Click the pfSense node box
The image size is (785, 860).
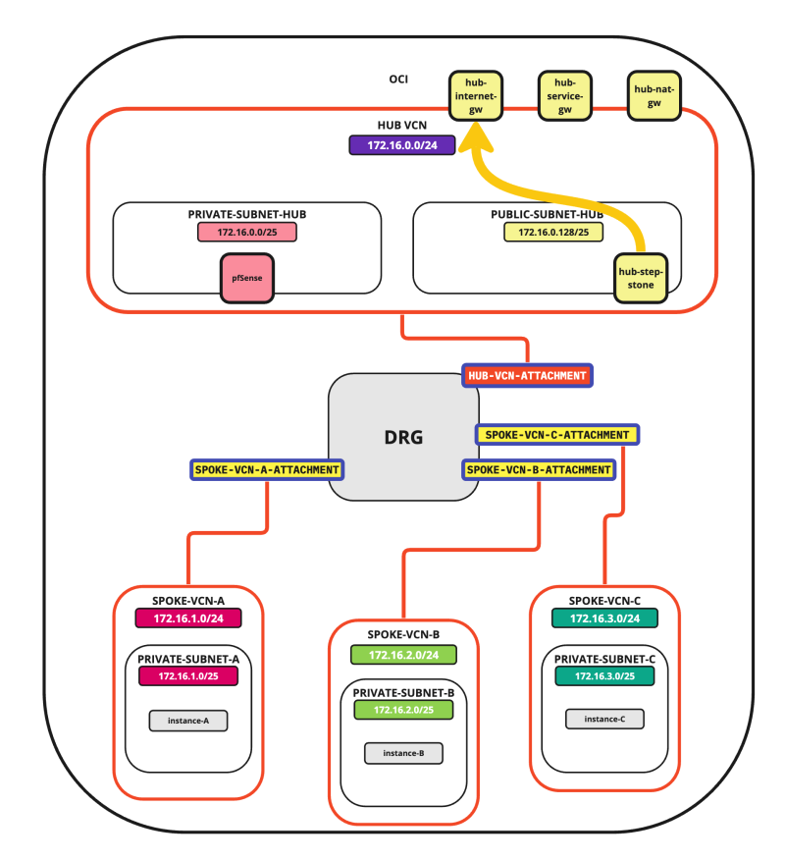(246, 277)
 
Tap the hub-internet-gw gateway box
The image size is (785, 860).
(476, 96)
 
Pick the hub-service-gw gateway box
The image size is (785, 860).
(565, 96)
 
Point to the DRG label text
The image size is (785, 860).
(403, 437)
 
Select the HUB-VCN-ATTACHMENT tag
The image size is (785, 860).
(528, 375)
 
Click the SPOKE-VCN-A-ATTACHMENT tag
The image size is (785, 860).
(267, 469)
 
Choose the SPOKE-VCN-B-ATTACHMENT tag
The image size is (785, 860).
(539, 469)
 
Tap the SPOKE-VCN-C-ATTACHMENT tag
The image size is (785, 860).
(557, 433)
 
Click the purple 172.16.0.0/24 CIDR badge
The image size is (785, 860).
(402, 145)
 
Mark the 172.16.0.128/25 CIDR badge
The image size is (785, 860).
(553, 232)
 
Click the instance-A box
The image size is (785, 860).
(188, 722)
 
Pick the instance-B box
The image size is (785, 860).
(403, 754)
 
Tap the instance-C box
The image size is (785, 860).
(604, 719)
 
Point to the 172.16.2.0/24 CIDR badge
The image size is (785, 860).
(403, 654)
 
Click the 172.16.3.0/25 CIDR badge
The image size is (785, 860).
(604, 676)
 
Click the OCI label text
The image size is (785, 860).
(398, 80)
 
